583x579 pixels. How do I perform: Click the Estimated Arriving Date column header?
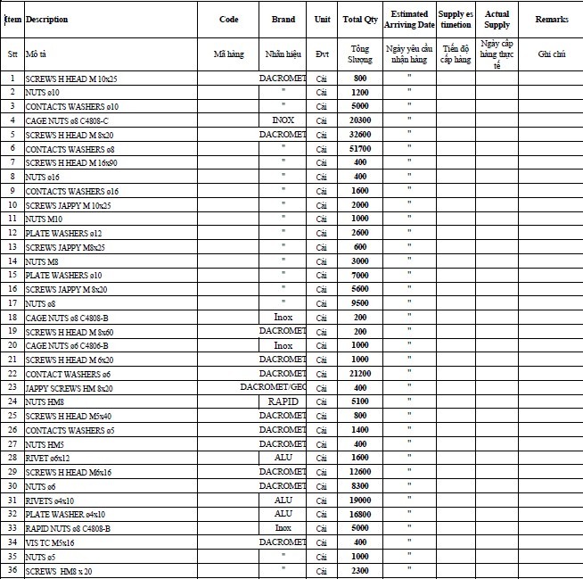409,20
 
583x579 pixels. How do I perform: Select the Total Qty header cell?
359,20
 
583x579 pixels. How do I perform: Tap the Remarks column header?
552,20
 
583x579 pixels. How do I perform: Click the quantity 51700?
360,148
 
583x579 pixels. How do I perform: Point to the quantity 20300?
360,120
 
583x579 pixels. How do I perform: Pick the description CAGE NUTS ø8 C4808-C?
67,120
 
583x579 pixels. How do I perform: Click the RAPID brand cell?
283,401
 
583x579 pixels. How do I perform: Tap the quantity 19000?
360,500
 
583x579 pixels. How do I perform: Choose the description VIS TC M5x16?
50,542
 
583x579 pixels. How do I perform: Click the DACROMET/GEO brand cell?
273,387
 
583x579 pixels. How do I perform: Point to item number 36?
12,571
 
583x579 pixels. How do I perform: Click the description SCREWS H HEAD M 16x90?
70,162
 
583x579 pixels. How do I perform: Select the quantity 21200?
360,374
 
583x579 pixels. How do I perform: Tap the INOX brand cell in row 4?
283,120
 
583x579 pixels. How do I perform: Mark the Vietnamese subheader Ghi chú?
552,54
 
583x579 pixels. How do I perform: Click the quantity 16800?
360,514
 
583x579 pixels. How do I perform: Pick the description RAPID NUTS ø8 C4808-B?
68,528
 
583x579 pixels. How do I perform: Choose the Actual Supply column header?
497,20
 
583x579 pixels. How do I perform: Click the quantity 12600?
360,472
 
